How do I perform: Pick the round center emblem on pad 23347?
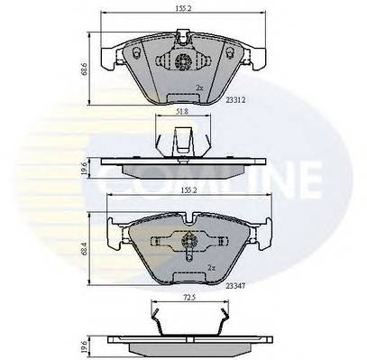(x=190, y=240)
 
